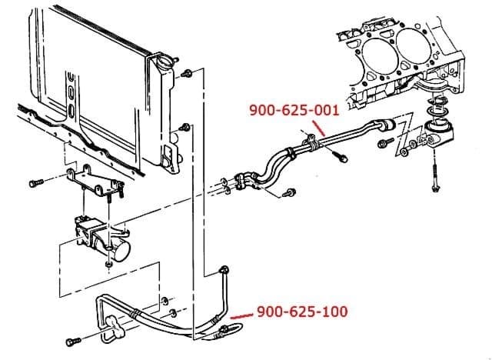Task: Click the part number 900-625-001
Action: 294,111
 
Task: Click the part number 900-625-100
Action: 301,312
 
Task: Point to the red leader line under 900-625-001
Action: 325,130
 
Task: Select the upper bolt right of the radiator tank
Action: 185,74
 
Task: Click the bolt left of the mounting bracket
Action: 34,183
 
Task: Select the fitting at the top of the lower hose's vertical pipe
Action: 224,268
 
